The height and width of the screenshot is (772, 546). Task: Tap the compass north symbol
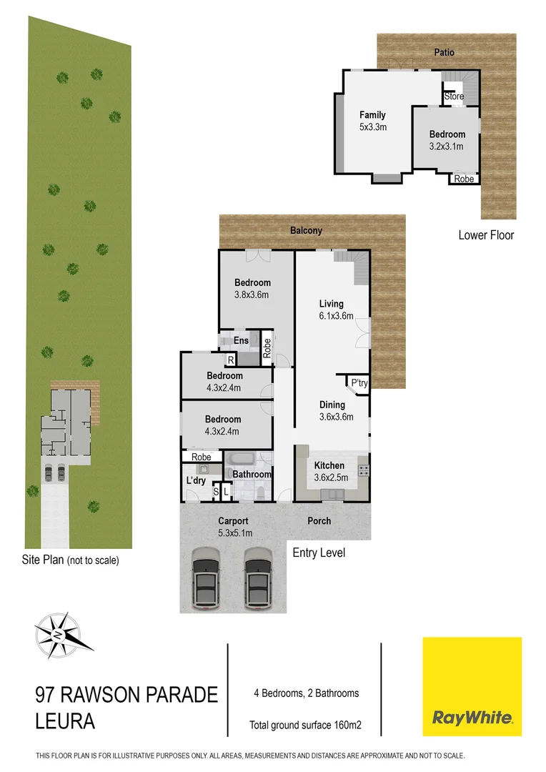(x=64, y=632)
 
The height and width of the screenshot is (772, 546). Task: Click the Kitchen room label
(x=329, y=465)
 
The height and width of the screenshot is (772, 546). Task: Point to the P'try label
(x=359, y=384)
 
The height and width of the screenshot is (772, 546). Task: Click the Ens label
(x=241, y=341)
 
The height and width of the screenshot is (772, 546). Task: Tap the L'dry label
(x=196, y=481)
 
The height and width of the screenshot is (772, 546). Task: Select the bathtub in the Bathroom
(x=244, y=459)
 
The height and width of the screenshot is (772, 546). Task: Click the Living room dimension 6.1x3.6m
(x=336, y=316)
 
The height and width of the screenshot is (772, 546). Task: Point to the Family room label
(x=372, y=115)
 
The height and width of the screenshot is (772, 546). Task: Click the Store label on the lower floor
(x=454, y=96)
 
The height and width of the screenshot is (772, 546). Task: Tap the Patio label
(x=444, y=52)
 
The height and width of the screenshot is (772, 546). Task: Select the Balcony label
(x=306, y=231)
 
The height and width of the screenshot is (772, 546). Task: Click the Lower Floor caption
(x=486, y=234)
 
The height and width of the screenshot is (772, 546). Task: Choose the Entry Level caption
(x=319, y=553)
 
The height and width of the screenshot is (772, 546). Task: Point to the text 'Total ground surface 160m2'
(x=305, y=725)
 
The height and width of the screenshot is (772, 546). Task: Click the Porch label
(x=319, y=521)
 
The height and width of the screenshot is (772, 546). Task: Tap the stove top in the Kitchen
(x=363, y=470)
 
